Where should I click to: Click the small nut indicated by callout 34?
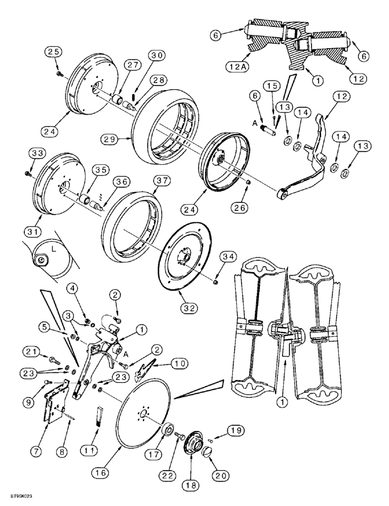tap(215, 281)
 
